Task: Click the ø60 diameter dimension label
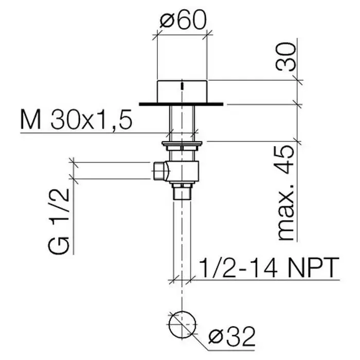pos(183,20)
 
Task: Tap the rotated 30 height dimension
pos(285,57)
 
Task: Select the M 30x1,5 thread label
pos(76,119)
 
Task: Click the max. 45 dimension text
pos(286,193)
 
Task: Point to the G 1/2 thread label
pos(59,221)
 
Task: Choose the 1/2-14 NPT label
pos(268,267)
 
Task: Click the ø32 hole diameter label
pos(232,336)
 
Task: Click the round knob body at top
pos(182,92)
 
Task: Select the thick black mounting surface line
pos(181,104)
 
